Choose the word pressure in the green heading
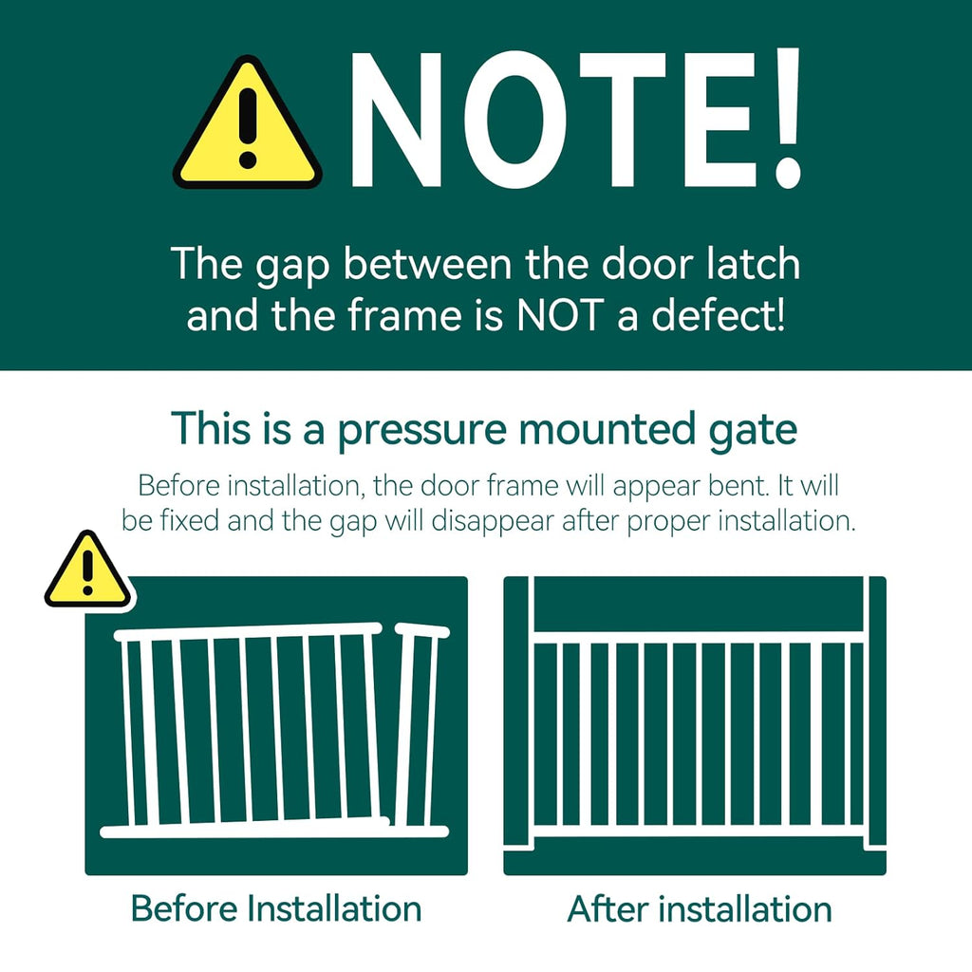point(426,430)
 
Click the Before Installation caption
point(275,908)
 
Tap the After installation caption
point(700,908)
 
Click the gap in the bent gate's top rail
point(388,628)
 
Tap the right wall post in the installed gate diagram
point(874,712)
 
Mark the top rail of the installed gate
point(698,636)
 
